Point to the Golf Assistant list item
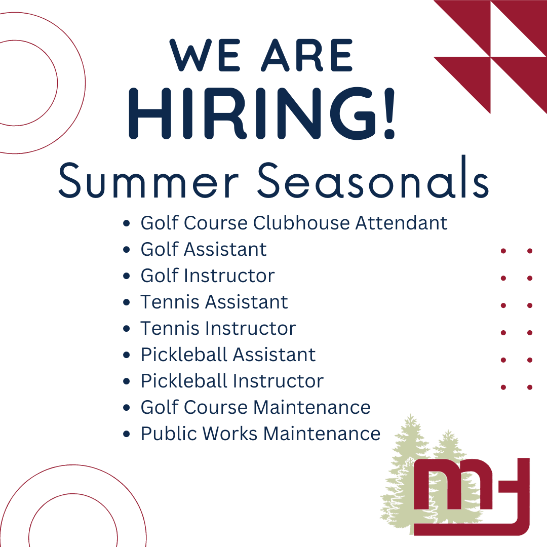coord(204,249)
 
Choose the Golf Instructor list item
coord(208,276)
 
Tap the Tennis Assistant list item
coord(214,302)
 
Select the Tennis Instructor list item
coord(218,328)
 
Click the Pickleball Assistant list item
coord(228,355)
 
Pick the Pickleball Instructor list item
coord(232,381)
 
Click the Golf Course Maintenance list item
coord(255,407)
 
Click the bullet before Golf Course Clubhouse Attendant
coord(127,223)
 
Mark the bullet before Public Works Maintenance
coord(127,434)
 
